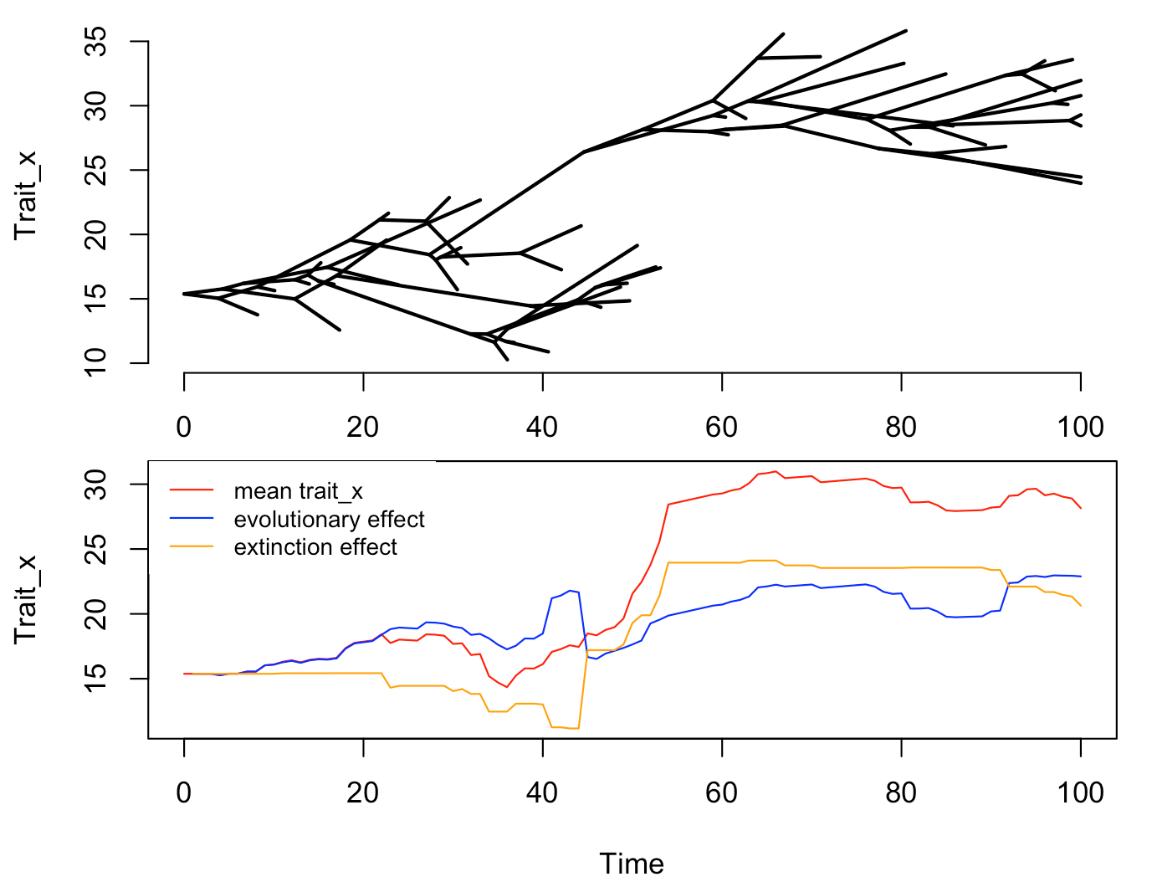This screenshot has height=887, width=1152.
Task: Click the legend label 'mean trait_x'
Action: (x=298, y=491)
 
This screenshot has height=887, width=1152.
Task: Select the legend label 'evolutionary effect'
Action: (x=329, y=520)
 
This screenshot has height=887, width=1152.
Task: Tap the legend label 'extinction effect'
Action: (x=315, y=547)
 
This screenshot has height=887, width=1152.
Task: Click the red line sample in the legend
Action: (x=192, y=491)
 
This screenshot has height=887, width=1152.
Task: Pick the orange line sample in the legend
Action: (x=192, y=547)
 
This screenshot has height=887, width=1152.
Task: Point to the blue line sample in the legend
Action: (x=192, y=520)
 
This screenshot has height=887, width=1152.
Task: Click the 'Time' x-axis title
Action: (x=632, y=864)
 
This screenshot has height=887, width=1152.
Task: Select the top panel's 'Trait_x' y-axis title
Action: (x=26, y=195)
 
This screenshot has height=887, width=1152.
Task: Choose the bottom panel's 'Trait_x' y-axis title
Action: (x=26, y=598)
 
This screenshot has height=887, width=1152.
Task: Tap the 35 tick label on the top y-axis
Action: (x=97, y=41)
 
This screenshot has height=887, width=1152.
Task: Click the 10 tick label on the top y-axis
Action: (x=97, y=362)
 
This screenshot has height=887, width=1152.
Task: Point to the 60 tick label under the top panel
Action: (x=721, y=427)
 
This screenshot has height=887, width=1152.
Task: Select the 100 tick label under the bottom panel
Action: (x=1080, y=792)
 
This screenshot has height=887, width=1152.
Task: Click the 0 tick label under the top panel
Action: (x=184, y=427)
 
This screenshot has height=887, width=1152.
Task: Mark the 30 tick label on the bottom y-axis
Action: (x=97, y=485)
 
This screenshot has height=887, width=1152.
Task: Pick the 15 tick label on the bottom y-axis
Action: (x=97, y=678)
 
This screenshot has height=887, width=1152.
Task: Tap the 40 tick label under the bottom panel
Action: (x=542, y=792)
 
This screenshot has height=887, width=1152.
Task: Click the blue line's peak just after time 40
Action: (x=570, y=591)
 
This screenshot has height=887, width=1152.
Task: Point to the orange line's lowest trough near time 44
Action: (x=574, y=728)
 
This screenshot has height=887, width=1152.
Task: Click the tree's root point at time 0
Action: (x=184, y=294)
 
